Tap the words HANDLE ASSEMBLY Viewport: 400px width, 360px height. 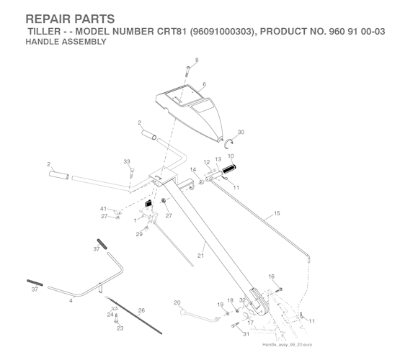coord(66,42)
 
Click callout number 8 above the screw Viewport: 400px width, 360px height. coord(197,60)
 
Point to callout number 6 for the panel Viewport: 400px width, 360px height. coord(204,84)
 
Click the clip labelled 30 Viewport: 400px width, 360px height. coord(228,143)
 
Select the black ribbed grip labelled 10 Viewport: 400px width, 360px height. coord(229,168)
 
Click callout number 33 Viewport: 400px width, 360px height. coord(127,161)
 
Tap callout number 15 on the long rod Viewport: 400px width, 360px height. coord(277,213)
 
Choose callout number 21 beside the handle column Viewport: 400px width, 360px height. coord(201,256)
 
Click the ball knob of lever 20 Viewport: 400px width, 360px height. coord(183,312)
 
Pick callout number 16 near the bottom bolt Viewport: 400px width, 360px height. coord(272,276)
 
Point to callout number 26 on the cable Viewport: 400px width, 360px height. coord(141,310)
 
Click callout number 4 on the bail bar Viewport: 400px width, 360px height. coord(71,300)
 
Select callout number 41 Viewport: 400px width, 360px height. coord(103,209)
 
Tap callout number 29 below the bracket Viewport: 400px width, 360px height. coord(139,234)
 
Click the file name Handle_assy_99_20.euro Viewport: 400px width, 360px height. coord(287,344)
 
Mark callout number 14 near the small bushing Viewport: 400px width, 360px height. coord(193,169)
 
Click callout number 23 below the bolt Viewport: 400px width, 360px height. coord(120,328)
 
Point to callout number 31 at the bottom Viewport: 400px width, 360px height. coord(246,334)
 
